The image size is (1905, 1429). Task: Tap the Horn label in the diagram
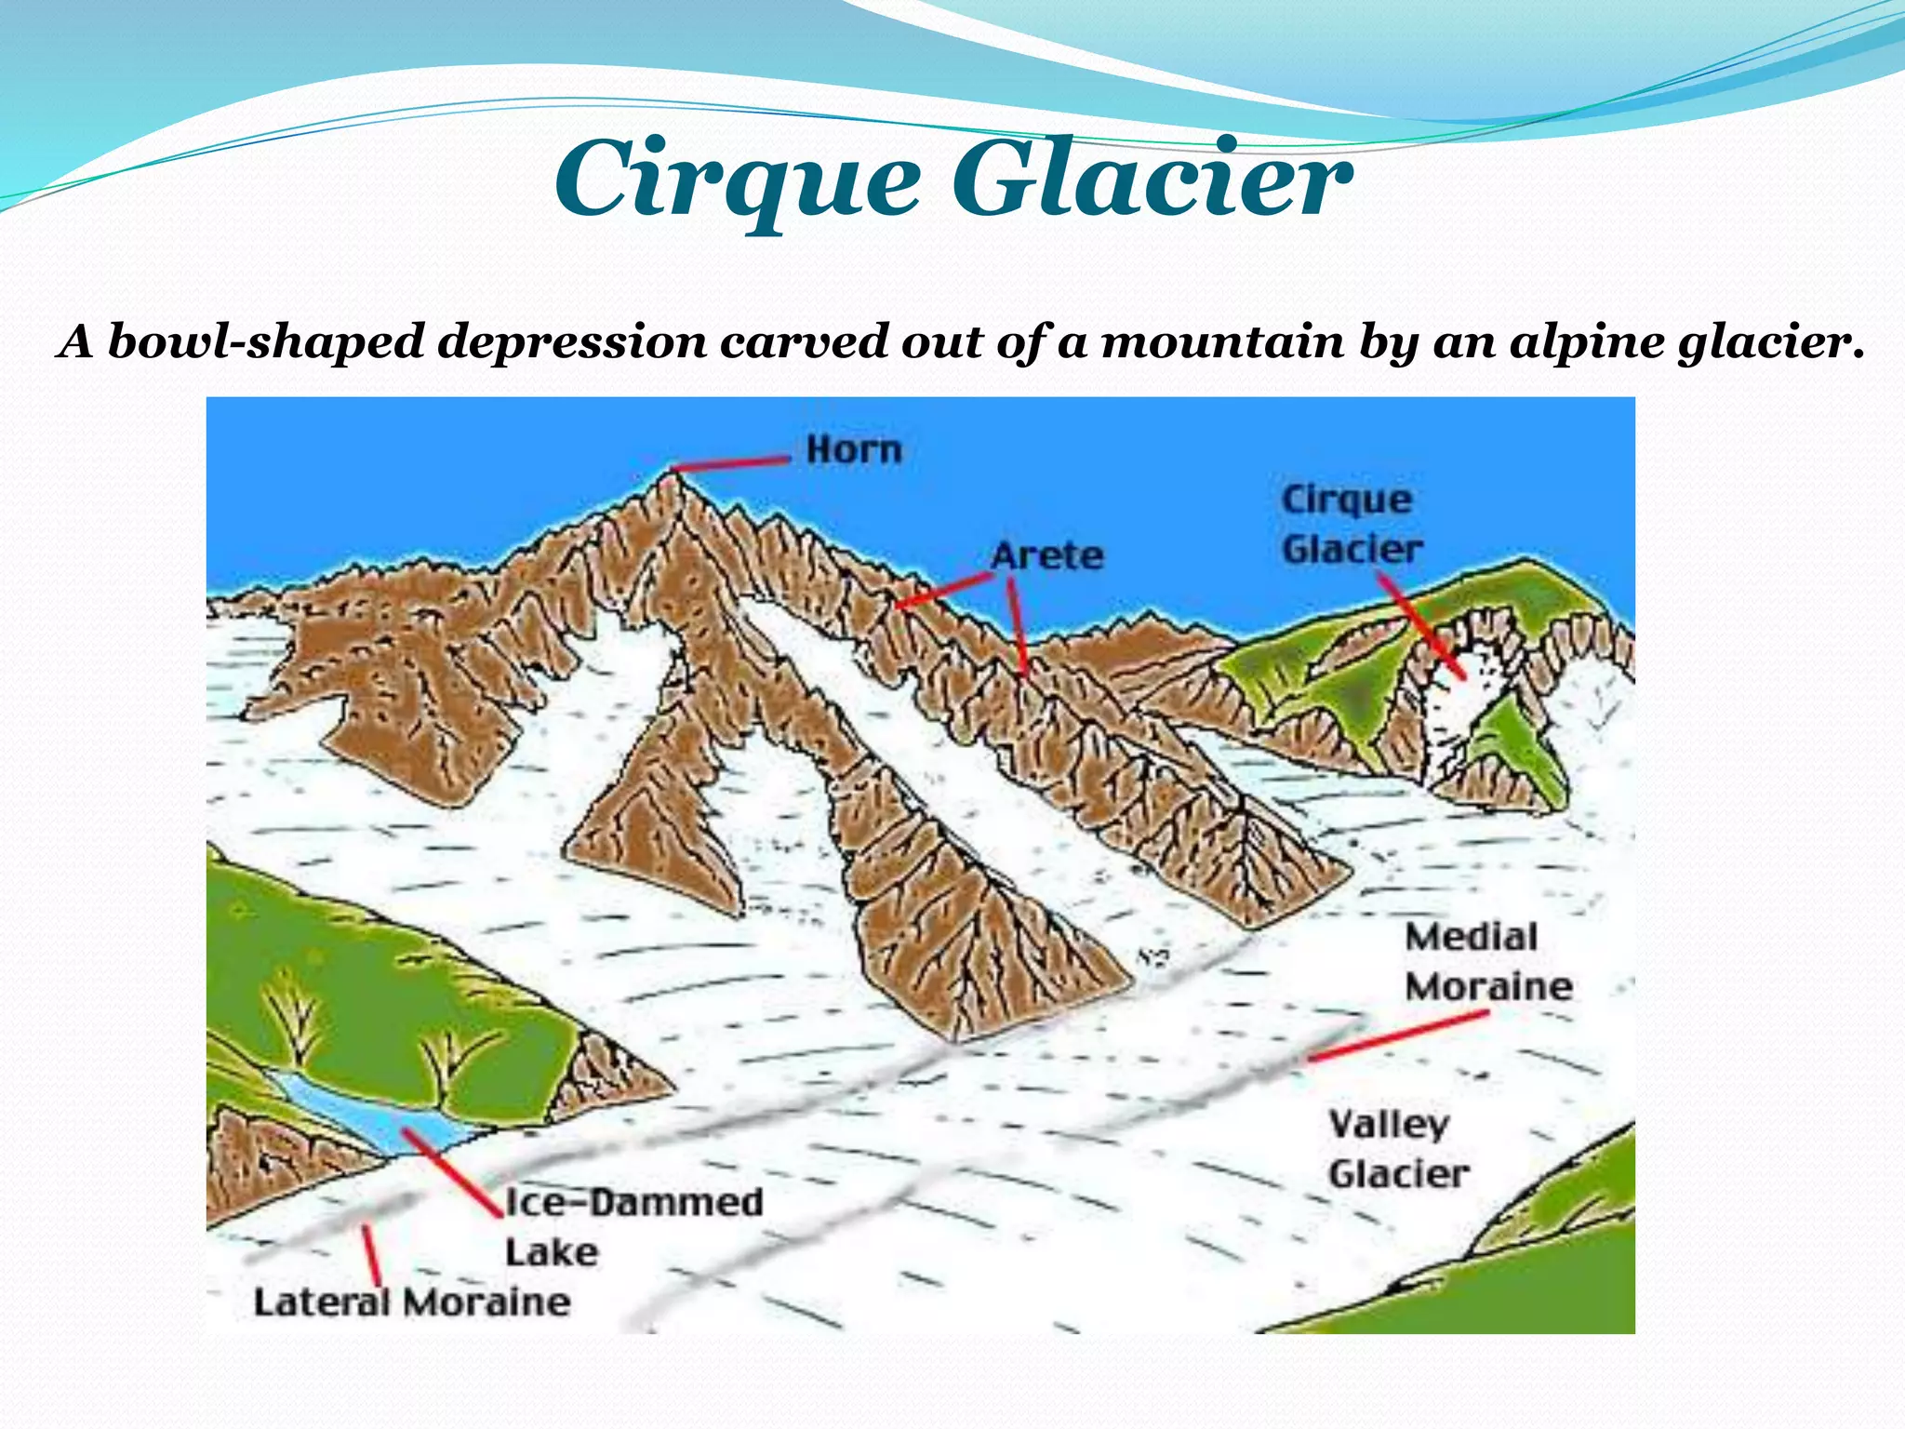click(854, 450)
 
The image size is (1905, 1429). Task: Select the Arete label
click(1047, 556)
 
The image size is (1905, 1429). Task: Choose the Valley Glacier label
click(1397, 1150)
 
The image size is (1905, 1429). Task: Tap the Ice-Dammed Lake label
click(633, 1226)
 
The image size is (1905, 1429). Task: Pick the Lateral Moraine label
click(411, 1302)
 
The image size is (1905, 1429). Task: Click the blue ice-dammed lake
click(372, 1116)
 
